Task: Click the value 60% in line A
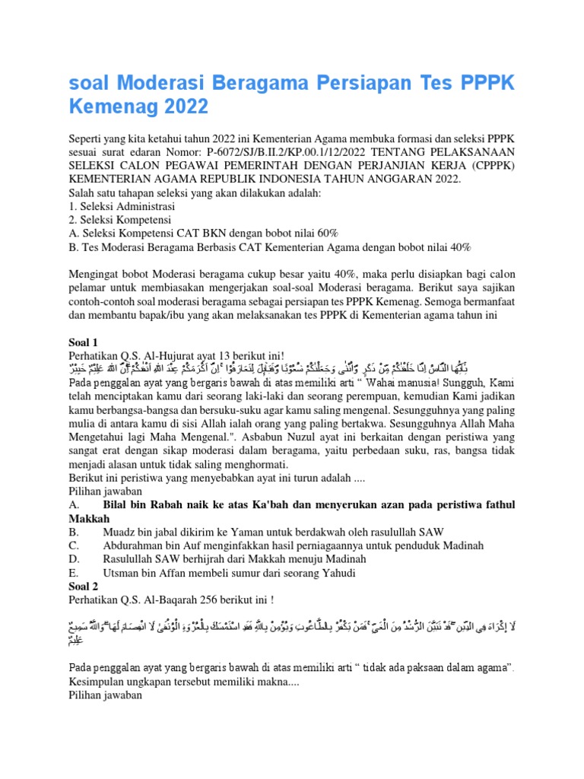pos(324,234)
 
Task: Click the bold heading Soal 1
pos(85,342)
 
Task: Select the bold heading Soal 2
pos(85,587)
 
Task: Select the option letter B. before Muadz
pos(74,532)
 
